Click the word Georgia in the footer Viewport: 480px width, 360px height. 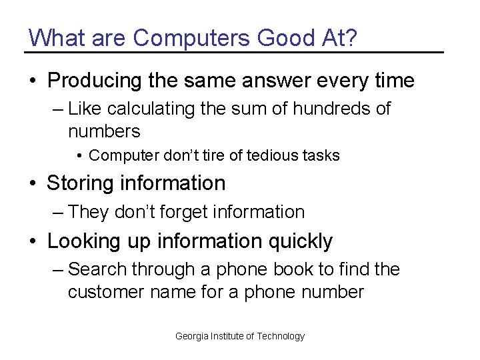click(x=191, y=336)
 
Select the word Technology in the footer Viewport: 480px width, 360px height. click(x=281, y=336)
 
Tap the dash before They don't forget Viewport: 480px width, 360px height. click(x=58, y=213)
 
